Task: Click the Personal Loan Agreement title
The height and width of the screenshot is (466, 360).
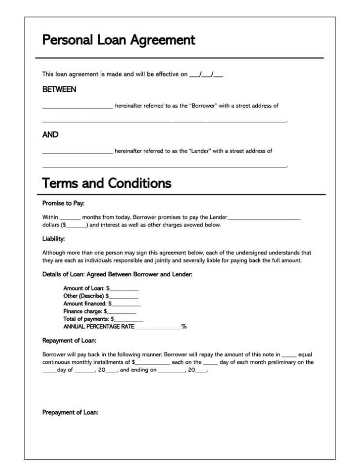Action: pos(119,40)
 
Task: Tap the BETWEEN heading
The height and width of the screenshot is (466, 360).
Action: pos(59,90)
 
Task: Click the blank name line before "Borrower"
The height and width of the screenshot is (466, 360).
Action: pos(78,106)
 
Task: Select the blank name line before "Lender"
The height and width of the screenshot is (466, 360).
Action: pos(78,152)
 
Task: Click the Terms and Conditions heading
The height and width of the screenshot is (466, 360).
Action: pos(107,183)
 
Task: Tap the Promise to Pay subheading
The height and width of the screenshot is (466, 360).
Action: pos(63,204)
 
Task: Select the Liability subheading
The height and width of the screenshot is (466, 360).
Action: pos(53,239)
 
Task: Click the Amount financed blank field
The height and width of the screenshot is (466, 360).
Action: pos(126,305)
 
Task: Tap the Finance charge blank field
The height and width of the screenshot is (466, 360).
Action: pos(122,312)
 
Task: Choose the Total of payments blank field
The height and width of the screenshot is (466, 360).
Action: pos(128,320)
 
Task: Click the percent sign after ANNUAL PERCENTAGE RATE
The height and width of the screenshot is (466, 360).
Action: pos(184,327)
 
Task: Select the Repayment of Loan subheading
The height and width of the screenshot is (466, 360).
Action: pos(69,341)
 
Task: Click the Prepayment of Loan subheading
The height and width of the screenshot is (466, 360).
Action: pos(70,413)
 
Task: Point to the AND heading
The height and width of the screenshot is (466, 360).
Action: pos(50,135)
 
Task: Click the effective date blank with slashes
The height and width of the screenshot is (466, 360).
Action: pos(206,75)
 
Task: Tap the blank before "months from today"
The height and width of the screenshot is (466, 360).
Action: pos(70,218)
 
